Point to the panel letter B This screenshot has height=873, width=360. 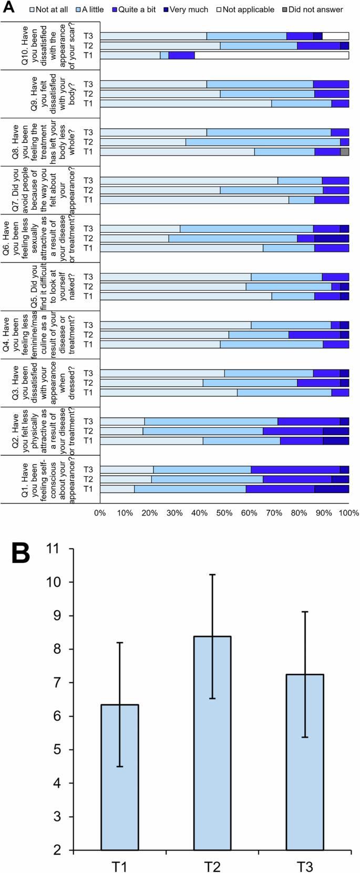coord(21,554)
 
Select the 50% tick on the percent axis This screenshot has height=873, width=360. coord(224,513)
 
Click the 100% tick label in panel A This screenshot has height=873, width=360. coord(349,513)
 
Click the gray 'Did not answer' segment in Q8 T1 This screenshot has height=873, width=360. coord(345,151)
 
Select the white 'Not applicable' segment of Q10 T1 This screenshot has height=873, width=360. coord(271,55)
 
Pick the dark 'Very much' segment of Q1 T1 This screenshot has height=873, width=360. coord(332,489)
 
